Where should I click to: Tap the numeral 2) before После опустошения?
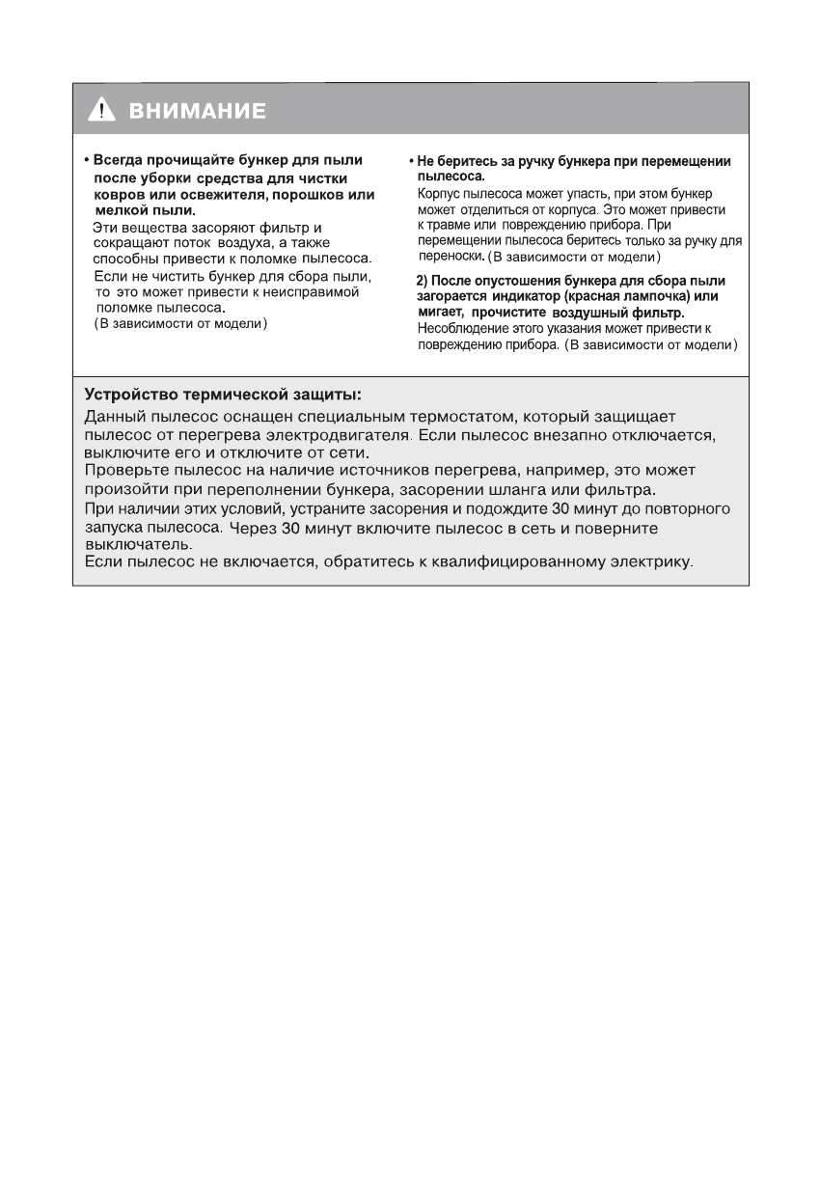click(x=422, y=281)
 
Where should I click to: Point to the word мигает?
click(x=439, y=313)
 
